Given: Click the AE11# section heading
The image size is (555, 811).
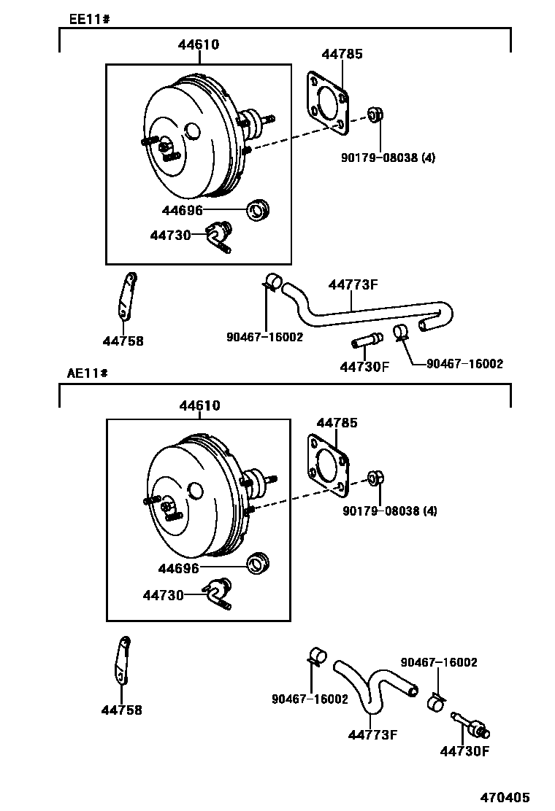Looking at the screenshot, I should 88,373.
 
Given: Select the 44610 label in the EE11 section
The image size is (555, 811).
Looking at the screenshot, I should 198,45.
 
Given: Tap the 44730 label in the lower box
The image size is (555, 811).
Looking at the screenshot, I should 163,595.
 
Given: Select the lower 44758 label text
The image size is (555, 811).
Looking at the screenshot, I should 122,710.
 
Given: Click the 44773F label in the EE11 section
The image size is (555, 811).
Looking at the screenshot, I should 353,284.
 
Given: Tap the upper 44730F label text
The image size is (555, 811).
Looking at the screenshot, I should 364,367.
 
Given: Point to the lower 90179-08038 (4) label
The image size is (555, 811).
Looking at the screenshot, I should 389,511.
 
